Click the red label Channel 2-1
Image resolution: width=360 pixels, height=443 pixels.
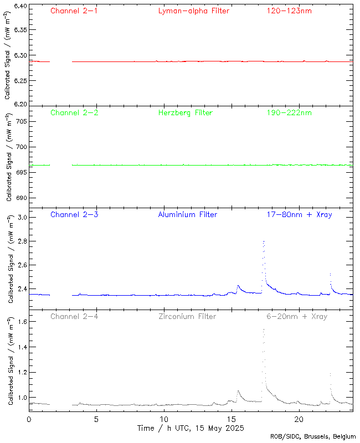(74, 11)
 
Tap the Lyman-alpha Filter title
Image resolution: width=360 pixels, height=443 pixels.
(193, 11)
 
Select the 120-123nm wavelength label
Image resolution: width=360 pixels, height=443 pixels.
(289, 11)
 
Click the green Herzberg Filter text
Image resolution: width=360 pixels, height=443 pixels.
(185, 112)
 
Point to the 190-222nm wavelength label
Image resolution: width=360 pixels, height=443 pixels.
(289, 112)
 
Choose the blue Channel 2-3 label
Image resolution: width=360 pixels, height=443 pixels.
(74, 214)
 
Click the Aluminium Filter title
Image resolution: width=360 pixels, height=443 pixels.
(187, 214)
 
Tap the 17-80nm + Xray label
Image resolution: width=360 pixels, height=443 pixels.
(299, 214)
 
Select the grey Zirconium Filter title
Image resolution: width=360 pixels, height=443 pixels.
(187, 316)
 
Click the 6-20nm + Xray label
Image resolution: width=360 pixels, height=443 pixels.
(296, 316)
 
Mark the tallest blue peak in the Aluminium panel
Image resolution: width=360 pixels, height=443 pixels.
(264, 241)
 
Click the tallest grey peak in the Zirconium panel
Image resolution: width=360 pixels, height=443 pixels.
(264, 329)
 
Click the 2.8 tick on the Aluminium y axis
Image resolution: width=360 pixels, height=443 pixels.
(22, 242)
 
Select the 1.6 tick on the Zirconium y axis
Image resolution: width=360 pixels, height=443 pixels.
(22, 321)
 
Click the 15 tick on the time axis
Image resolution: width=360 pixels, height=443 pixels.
(231, 419)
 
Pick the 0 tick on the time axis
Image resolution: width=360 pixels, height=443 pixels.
(29, 419)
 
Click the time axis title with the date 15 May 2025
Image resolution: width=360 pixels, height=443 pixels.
(191, 428)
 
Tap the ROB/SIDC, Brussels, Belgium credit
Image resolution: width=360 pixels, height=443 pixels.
(313, 437)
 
